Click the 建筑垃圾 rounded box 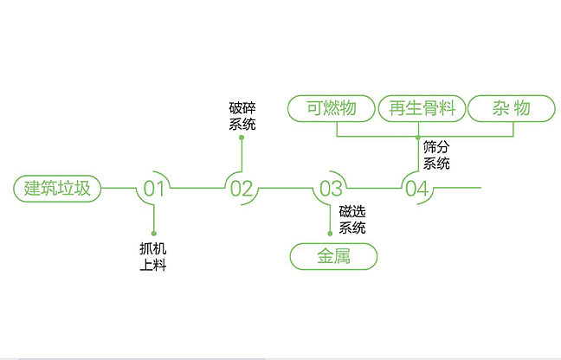[x=57, y=188]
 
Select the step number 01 [x=154, y=189]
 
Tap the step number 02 [x=242, y=189]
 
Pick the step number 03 [x=331, y=189]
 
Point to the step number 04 [x=417, y=189]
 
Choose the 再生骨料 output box [x=422, y=108]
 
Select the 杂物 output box [x=511, y=108]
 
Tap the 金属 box [x=333, y=257]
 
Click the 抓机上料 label [x=152, y=257]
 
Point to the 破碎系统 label [x=242, y=116]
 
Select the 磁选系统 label [x=352, y=220]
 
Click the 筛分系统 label [x=436, y=155]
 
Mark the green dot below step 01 [x=153, y=234]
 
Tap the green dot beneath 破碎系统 [x=242, y=138]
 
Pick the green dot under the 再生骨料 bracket [x=418, y=137]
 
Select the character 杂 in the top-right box [x=500, y=108]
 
